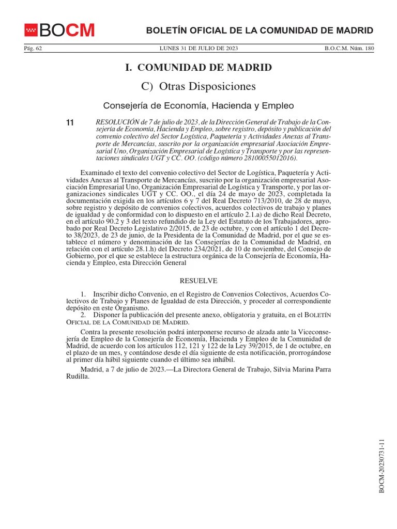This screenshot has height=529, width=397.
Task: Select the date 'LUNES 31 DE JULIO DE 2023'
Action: (x=198, y=49)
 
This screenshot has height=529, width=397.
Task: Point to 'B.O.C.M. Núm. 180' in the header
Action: (x=349, y=49)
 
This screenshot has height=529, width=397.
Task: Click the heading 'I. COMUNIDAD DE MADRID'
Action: (x=198, y=68)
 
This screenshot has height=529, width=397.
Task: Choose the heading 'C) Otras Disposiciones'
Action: (x=198, y=86)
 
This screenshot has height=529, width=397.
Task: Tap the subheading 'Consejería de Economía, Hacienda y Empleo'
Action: (x=198, y=106)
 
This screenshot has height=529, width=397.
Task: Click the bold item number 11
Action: (x=70, y=123)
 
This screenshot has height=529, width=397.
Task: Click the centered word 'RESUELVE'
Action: (x=198, y=281)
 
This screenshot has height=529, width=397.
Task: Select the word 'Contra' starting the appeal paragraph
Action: (x=91, y=331)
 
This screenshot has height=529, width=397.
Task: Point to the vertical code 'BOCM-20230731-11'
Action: (x=382, y=465)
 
